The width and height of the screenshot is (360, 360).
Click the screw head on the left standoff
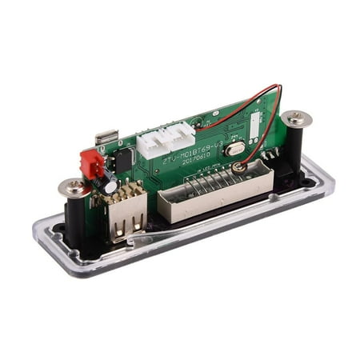click(x=74, y=188)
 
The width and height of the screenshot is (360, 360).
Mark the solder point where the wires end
click(x=238, y=169)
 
